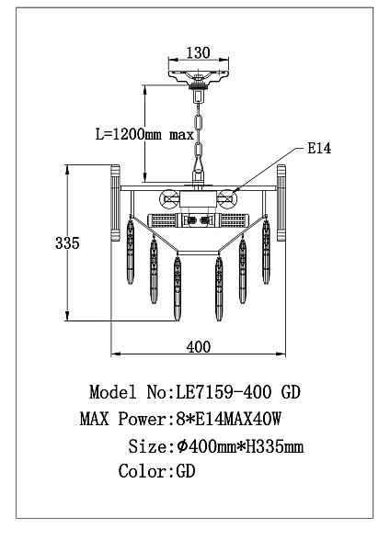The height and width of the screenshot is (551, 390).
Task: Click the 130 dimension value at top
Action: click(198, 52)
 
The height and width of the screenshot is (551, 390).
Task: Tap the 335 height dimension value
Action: click(67, 242)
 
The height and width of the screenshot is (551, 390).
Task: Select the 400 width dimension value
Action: click(199, 347)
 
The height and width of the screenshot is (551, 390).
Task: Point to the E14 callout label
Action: click(319, 148)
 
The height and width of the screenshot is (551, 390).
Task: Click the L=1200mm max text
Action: click(144, 134)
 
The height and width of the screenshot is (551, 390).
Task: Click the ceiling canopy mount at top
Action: click(198, 76)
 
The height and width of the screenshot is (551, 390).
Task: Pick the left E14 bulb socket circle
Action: click(168, 199)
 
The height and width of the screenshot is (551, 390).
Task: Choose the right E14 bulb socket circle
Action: click(227, 199)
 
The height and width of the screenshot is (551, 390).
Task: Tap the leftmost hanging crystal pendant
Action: click(131, 252)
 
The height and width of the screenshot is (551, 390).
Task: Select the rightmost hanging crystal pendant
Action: click(266, 252)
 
